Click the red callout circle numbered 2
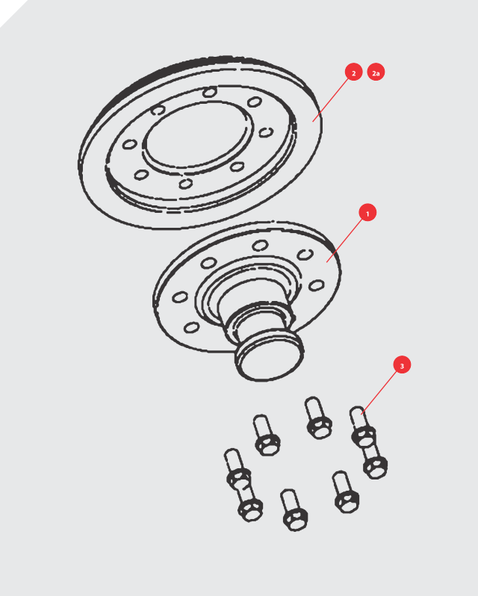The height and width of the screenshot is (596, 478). pyautogui.click(x=353, y=72)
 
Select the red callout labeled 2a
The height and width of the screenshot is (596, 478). pyautogui.click(x=376, y=72)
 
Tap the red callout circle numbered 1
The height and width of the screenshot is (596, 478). pyautogui.click(x=367, y=213)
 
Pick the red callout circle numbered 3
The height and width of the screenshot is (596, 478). pyautogui.click(x=402, y=365)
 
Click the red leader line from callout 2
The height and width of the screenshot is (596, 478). pyautogui.click(x=330, y=100)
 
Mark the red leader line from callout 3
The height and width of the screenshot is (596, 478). pyautogui.click(x=379, y=392)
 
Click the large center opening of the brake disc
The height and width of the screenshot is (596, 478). pyautogui.click(x=198, y=135)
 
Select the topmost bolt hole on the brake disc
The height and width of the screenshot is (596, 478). pyautogui.click(x=210, y=92)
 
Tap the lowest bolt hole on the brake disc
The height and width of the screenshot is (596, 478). pyautogui.click(x=185, y=184)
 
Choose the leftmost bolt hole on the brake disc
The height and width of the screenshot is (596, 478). pyautogui.click(x=129, y=144)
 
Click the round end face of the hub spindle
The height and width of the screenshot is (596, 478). pyautogui.click(x=270, y=359)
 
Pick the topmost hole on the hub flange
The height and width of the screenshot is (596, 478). pyautogui.click(x=260, y=246)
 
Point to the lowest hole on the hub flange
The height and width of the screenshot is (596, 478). pyautogui.click(x=191, y=327)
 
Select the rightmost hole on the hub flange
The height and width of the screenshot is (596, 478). pyautogui.click(x=316, y=285)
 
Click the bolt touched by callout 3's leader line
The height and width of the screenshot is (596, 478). pyautogui.click(x=363, y=426)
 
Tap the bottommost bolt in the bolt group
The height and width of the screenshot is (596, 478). pyautogui.click(x=294, y=509)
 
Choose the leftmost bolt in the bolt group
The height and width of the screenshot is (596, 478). pyautogui.click(x=238, y=470)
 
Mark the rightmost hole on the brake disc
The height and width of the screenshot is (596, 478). pyautogui.click(x=266, y=132)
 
